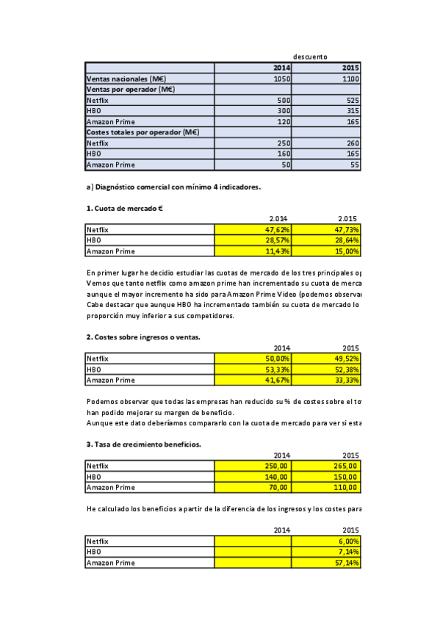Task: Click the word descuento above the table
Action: [x=310, y=57]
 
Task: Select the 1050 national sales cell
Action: [x=253, y=79]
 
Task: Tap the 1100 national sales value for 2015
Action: [x=325, y=79]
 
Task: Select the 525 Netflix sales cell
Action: [x=325, y=100]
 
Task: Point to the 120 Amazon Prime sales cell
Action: [x=253, y=121]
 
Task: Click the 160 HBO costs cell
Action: [x=253, y=154]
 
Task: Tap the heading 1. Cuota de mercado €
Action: [x=124, y=208]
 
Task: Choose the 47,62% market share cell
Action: [x=253, y=230]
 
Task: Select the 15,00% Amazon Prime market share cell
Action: [x=325, y=251]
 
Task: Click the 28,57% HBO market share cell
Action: [x=253, y=240]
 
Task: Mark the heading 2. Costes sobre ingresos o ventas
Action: [x=143, y=336]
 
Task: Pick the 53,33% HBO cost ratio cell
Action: [x=253, y=370]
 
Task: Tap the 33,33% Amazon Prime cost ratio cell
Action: [x=325, y=380]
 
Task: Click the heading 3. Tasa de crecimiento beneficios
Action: [x=143, y=444]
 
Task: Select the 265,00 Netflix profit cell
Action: [x=325, y=466]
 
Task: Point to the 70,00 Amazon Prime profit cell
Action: [x=253, y=487]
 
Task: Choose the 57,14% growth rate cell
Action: [x=325, y=563]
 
